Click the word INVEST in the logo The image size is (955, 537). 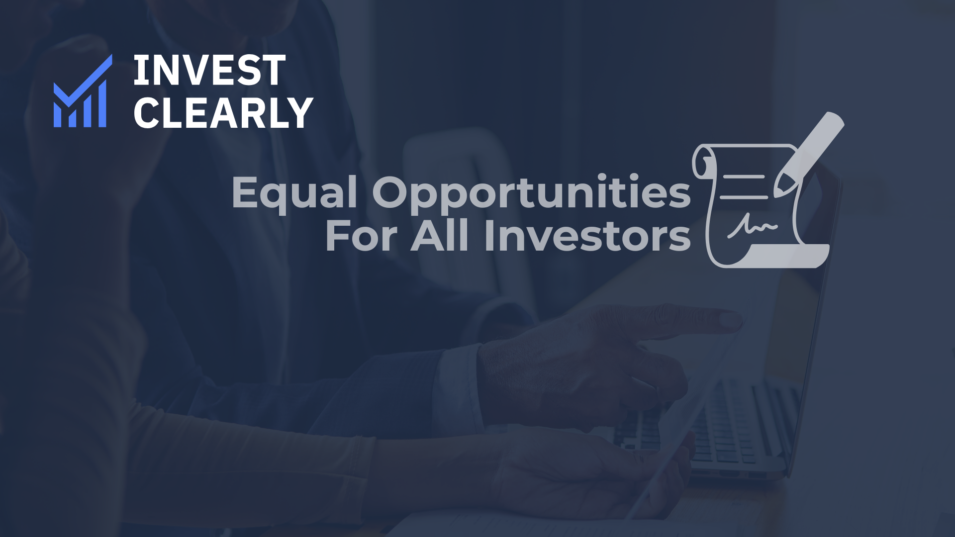pyautogui.click(x=209, y=71)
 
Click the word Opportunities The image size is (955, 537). pyautogui.click(x=531, y=193)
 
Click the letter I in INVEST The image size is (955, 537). pyautogui.click(x=139, y=71)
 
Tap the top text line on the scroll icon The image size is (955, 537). pyautogui.click(x=744, y=177)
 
